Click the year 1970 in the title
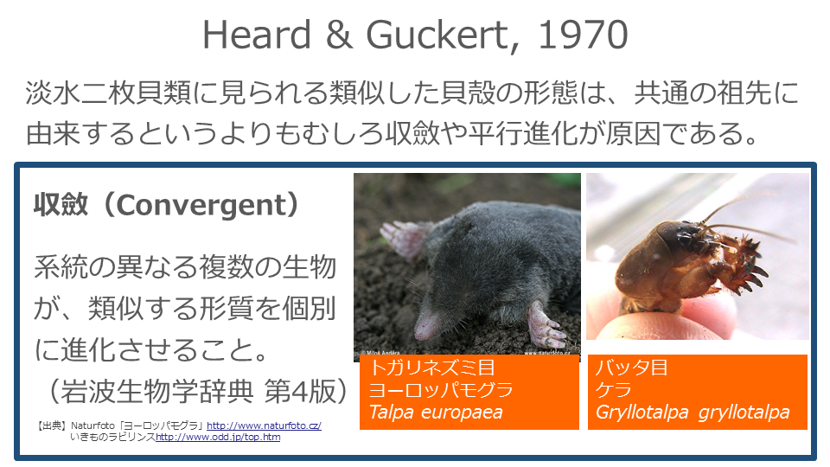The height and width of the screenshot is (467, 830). (583, 35)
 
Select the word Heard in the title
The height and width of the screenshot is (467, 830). (257, 35)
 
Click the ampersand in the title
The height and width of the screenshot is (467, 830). (339, 35)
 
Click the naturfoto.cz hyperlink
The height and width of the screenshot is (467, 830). (264, 425)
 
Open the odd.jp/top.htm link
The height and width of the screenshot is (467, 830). (218, 438)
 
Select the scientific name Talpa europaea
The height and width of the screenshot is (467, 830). (436, 412)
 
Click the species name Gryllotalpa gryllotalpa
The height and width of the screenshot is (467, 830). (693, 412)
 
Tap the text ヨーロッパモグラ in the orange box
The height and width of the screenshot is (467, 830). (441, 390)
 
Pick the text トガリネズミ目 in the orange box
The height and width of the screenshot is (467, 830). (432, 368)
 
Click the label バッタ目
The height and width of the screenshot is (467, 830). (631, 368)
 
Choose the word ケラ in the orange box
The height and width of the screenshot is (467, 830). (614, 390)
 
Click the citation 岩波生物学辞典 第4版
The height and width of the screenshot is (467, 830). (197, 391)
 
